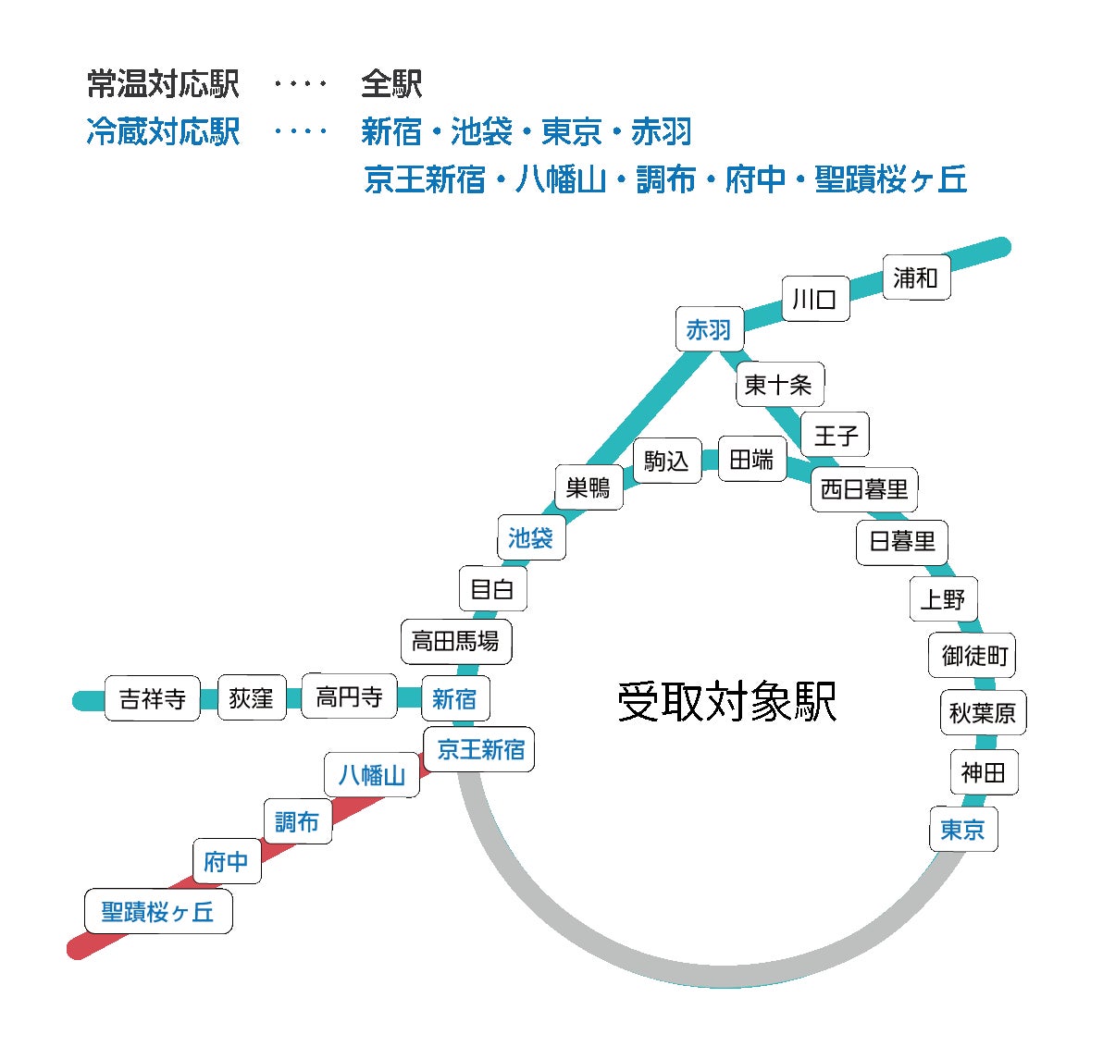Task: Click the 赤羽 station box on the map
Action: (709, 329)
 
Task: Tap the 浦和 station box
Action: (916, 277)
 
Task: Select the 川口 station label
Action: (815, 299)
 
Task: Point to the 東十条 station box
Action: (779, 384)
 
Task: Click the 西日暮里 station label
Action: (864, 489)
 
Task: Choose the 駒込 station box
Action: (667, 460)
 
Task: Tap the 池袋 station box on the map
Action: (530, 537)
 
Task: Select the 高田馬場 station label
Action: (455, 640)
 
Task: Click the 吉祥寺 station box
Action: (153, 698)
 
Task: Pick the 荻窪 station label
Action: (252, 697)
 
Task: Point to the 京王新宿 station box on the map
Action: (480, 749)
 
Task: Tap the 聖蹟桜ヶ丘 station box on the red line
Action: (158, 912)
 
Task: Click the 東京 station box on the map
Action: (963, 830)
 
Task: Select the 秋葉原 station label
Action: (983, 712)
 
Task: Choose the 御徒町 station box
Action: (974, 656)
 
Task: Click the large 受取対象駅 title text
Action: (727, 701)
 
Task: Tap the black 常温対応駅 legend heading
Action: (164, 84)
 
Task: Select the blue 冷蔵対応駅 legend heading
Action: (164, 131)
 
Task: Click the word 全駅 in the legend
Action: (391, 84)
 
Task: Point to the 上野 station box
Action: (943, 599)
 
